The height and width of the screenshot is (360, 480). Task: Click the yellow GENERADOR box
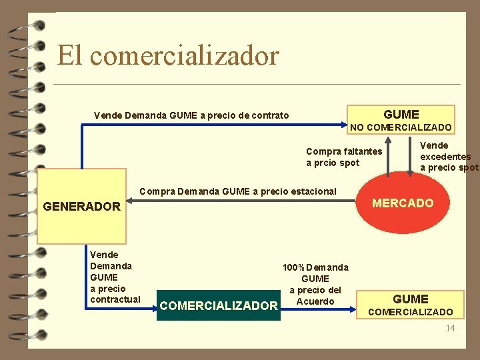[81, 207]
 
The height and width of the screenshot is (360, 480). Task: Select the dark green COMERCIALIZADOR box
[219, 305]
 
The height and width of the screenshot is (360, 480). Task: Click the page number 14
[450, 328]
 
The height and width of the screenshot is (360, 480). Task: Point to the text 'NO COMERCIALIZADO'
[401, 127]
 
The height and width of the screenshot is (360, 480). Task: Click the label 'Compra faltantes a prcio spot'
[343, 157]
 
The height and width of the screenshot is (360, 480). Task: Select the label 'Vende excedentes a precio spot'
[448, 156]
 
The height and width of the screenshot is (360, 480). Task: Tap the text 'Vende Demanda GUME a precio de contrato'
[191, 115]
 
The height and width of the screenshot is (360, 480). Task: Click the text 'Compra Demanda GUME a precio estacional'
[237, 191]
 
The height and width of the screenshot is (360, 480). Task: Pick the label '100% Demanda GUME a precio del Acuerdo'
[315, 284]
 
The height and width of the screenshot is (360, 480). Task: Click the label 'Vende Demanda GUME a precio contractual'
[115, 277]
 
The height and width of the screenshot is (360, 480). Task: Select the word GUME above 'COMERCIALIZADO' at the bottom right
[410, 299]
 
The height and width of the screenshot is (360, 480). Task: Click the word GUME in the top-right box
[401, 114]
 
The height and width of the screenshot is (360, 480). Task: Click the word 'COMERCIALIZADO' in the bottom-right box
[410, 312]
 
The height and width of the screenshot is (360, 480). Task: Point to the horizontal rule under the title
[257, 85]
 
